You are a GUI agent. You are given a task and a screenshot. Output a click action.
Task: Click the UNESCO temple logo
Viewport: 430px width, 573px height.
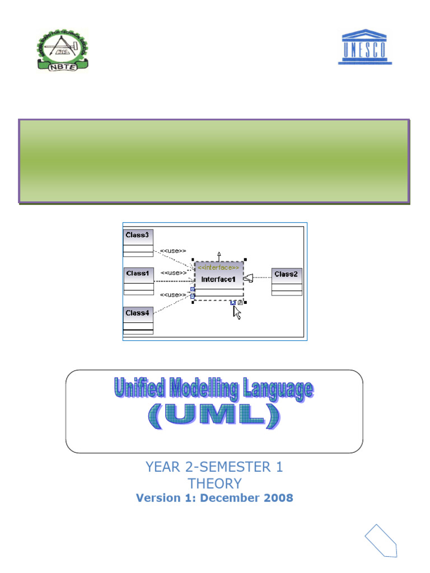click(x=364, y=48)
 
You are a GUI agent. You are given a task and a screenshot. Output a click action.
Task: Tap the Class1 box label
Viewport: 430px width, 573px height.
click(x=138, y=274)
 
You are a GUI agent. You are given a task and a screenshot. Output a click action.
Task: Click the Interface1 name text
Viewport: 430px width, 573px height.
click(x=219, y=279)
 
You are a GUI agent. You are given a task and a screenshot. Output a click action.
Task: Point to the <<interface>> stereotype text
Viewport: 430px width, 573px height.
click(x=219, y=267)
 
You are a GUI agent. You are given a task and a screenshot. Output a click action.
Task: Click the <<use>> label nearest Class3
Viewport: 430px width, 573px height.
click(x=173, y=251)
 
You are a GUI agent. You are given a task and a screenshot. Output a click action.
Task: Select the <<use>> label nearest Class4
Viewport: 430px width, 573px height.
click(x=173, y=294)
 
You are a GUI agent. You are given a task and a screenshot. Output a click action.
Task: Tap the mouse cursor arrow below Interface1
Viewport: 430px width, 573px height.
click(x=237, y=312)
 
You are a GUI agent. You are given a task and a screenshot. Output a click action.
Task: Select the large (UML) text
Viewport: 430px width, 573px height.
click(x=214, y=415)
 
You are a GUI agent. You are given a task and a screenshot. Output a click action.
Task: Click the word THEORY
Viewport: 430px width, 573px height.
click(x=214, y=483)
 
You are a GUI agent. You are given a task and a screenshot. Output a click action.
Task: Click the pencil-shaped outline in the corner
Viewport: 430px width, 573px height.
click(x=381, y=541)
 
